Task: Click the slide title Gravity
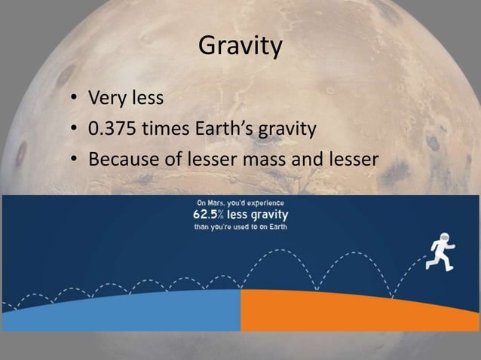pyautogui.click(x=240, y=48)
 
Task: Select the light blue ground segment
pyautogui.click(x=121, y=310)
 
